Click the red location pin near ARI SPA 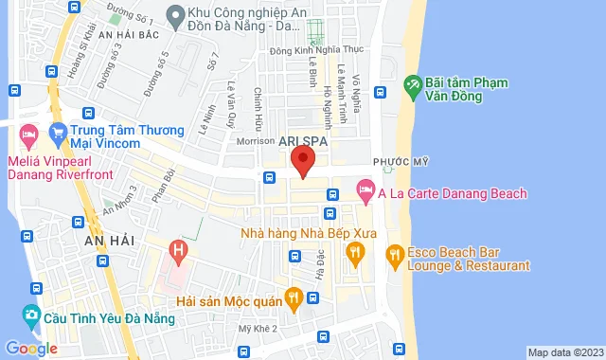coord(303,160)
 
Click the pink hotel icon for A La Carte coord(365,193)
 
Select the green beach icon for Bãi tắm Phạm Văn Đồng coord(413,85)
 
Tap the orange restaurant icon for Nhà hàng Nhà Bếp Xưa coord(356,251)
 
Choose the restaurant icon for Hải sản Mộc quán coord(294,297)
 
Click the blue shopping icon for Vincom coord(58,131)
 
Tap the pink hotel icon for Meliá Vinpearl coord(28,135)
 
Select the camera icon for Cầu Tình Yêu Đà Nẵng coord(32,315)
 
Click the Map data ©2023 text coord(564,352)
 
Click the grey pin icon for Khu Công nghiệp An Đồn coord(174,14)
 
